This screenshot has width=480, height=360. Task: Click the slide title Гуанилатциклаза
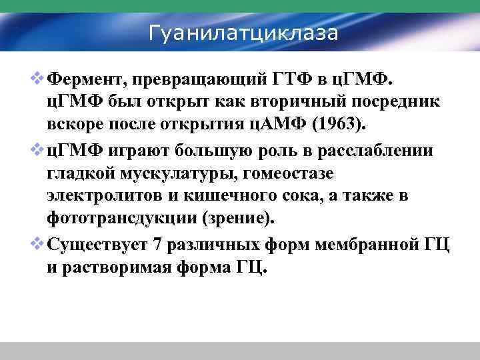[243, 32]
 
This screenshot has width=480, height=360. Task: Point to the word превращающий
[199, 81]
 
